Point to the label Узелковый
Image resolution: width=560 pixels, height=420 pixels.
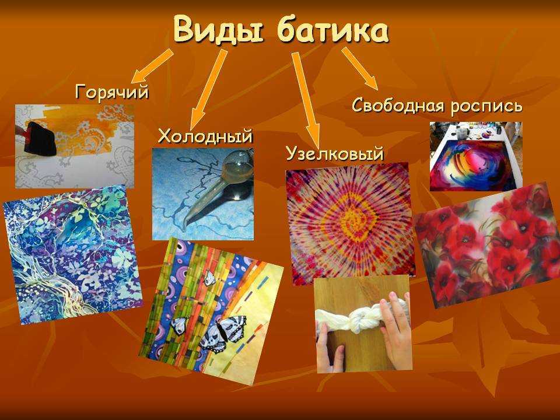coord(334,154)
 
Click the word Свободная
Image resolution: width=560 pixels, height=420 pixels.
coord(397,106)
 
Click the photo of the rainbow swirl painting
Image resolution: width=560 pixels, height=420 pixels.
coord(475,156)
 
